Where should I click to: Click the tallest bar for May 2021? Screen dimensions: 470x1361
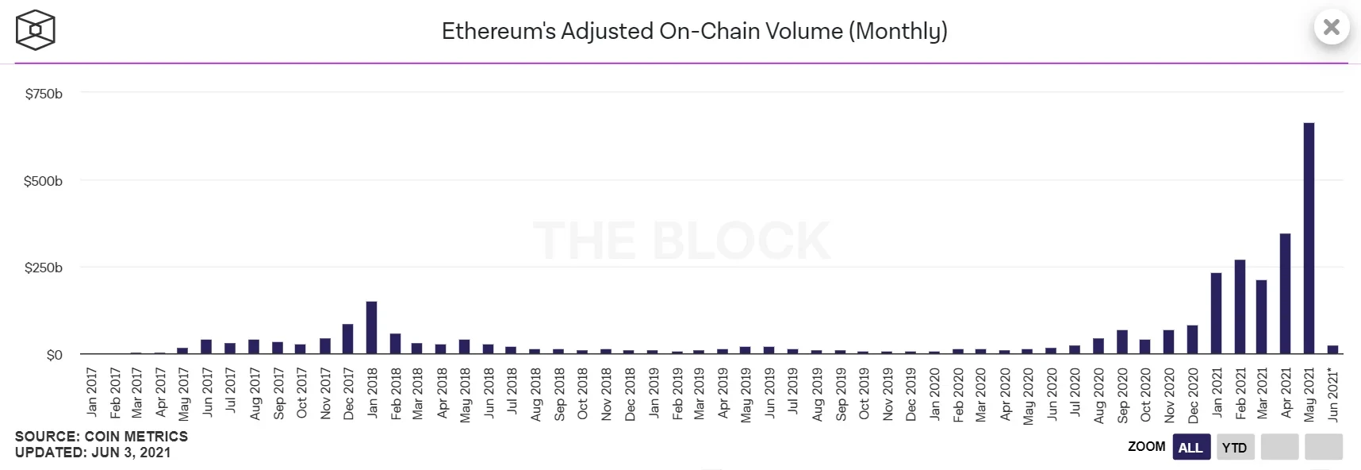(x=1309, y=238)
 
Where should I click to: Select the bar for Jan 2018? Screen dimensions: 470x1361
(x=371, y=328)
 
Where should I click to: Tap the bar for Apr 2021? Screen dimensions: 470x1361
(x=1285, y=294)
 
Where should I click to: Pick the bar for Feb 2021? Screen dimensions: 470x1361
(x=1240, y=306)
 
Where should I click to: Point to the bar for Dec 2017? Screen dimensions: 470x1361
(x=347, y=339)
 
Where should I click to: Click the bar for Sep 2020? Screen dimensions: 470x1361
(x=1122, y=342)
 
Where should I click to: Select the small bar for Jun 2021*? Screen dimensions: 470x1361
(x=1332, y=349)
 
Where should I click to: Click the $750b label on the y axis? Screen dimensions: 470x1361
(x=44, y=94)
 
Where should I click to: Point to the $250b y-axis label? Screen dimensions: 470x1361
(x=44, y=268)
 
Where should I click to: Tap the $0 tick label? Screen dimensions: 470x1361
(x=54, y=355)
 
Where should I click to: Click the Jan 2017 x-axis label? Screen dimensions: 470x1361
(x=92, y=391)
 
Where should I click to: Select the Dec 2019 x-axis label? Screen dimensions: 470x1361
(x=911, y=394)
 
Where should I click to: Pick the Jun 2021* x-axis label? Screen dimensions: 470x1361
(x=1333, y=394)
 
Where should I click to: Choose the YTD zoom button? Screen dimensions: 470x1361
(x=1234, y=447)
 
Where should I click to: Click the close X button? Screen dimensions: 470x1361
(x=1332, y=28)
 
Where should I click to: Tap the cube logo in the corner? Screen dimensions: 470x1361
(x=35, y=30)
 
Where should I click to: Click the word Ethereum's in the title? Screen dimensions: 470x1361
(x=497, y=31)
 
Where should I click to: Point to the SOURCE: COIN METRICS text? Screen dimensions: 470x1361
(x=102, y=437)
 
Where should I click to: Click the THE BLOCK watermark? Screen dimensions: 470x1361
(x=682, y=241)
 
